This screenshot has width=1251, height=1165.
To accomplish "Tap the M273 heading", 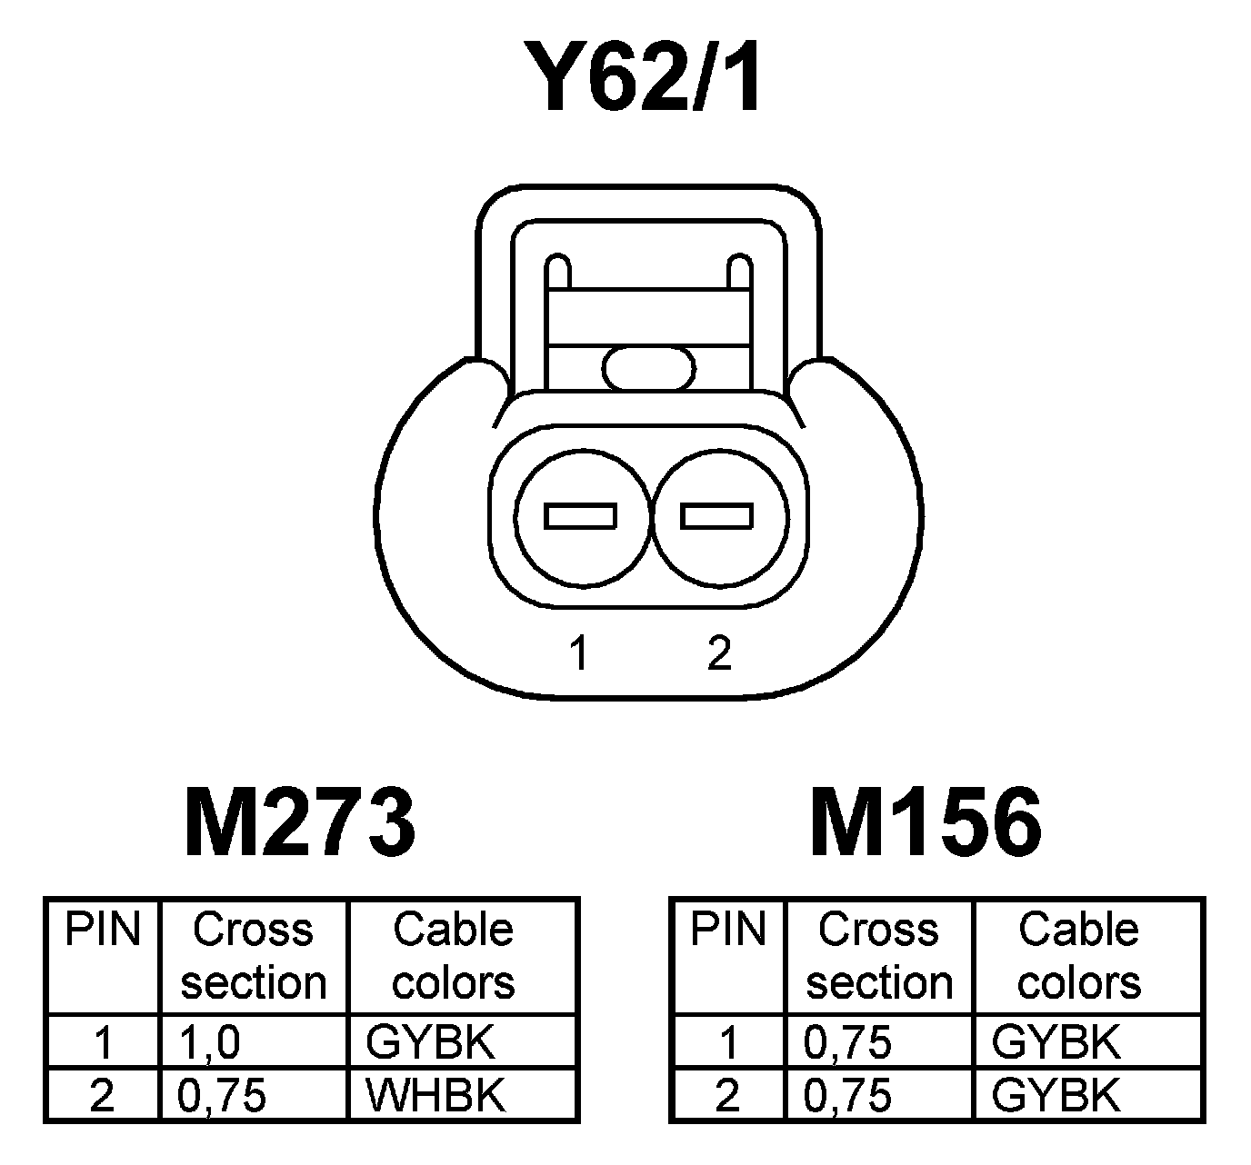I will pyautogui.click(x=300, y=823).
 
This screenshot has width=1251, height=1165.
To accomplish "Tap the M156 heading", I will pyautogui.click(x=926, y=823).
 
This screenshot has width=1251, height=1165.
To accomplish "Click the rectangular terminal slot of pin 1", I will pyautogui.click(x=580, y=516).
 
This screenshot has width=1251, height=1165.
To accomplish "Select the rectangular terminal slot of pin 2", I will pyautogui.click(x=717, y=516).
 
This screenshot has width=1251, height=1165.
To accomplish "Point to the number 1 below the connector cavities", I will pyautogui.click(x=579, y=652).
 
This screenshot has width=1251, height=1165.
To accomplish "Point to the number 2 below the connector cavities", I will pyautogui.click(x=718, y=652).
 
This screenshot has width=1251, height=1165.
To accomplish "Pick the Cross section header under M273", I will pyautogui.click(x=254, y=956).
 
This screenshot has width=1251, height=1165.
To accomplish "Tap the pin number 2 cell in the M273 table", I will pyautogui.click(x=103, y=1096).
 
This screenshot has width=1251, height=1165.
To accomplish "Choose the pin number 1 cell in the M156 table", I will pyautogui.click(x=728, y=1042).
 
